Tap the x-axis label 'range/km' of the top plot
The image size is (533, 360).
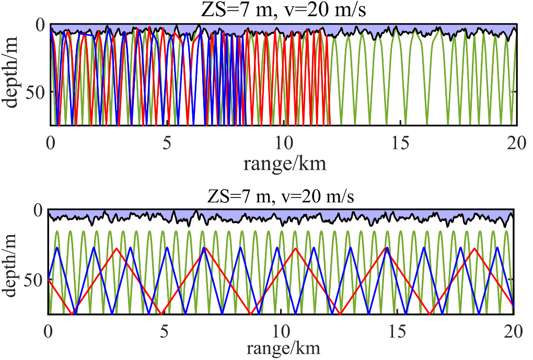point(285,164)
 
